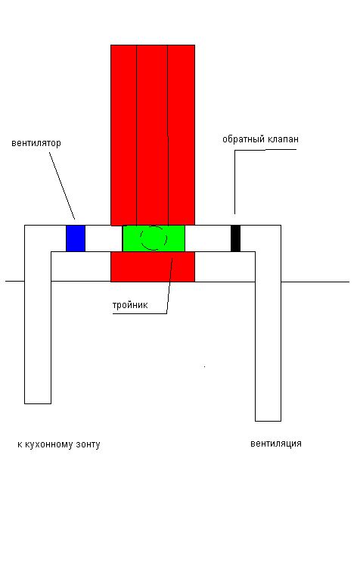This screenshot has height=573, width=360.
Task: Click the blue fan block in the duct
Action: pos(76,238)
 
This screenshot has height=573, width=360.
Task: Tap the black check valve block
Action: pos(235,238)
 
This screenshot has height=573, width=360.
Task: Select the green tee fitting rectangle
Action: pos(154,238)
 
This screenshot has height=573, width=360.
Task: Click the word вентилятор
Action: pos(36,143)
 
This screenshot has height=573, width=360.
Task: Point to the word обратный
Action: pos(244,139)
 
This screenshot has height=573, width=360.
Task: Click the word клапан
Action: pos(283,139)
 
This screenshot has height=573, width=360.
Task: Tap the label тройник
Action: pos(130,305)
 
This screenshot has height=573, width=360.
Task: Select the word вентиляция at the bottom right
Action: pos(275,444)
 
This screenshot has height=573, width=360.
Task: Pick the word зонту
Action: pos(88,445)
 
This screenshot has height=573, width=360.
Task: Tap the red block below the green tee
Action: pos(153,266)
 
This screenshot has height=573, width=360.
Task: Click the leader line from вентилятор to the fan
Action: pos(62,185)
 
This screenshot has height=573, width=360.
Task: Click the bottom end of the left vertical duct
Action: pos(38,403)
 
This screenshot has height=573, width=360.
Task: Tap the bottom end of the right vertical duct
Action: pos(268,421)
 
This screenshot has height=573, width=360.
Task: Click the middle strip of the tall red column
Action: pos(152,135)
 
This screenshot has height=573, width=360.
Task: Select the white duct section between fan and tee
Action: pos(104,238)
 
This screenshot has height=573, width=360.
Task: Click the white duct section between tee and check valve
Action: pos(208,238)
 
